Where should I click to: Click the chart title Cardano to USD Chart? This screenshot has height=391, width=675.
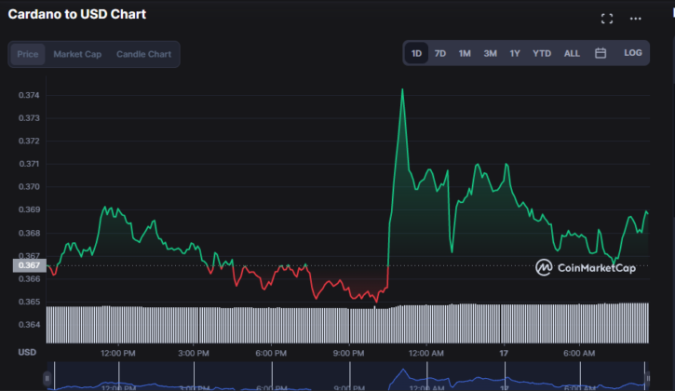point(77,15)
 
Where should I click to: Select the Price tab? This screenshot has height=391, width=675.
point(28,54)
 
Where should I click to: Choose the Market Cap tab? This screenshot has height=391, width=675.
point(77,54)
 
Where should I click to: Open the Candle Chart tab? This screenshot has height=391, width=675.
point(143,54)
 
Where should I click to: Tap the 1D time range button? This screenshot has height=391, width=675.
point(417,53)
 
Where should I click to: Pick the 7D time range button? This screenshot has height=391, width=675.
point(440,53)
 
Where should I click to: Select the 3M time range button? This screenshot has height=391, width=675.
point(490,53)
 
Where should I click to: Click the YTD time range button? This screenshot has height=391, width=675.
point(542,53)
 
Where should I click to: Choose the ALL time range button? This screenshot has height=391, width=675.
point(572,53)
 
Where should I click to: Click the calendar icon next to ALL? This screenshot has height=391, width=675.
point(601,53)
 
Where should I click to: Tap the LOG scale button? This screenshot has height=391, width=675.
point(633,53)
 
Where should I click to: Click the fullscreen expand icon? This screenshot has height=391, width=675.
point(607,18)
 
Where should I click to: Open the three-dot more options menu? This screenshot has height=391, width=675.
point(636,18)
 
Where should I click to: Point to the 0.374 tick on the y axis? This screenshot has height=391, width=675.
point(29,95)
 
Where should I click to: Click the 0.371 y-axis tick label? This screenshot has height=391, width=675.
point(29,164)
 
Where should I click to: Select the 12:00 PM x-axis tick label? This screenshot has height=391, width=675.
point(118,353)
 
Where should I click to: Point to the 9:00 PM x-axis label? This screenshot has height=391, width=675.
point(348,353)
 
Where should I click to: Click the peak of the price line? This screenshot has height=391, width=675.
point(402,89)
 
